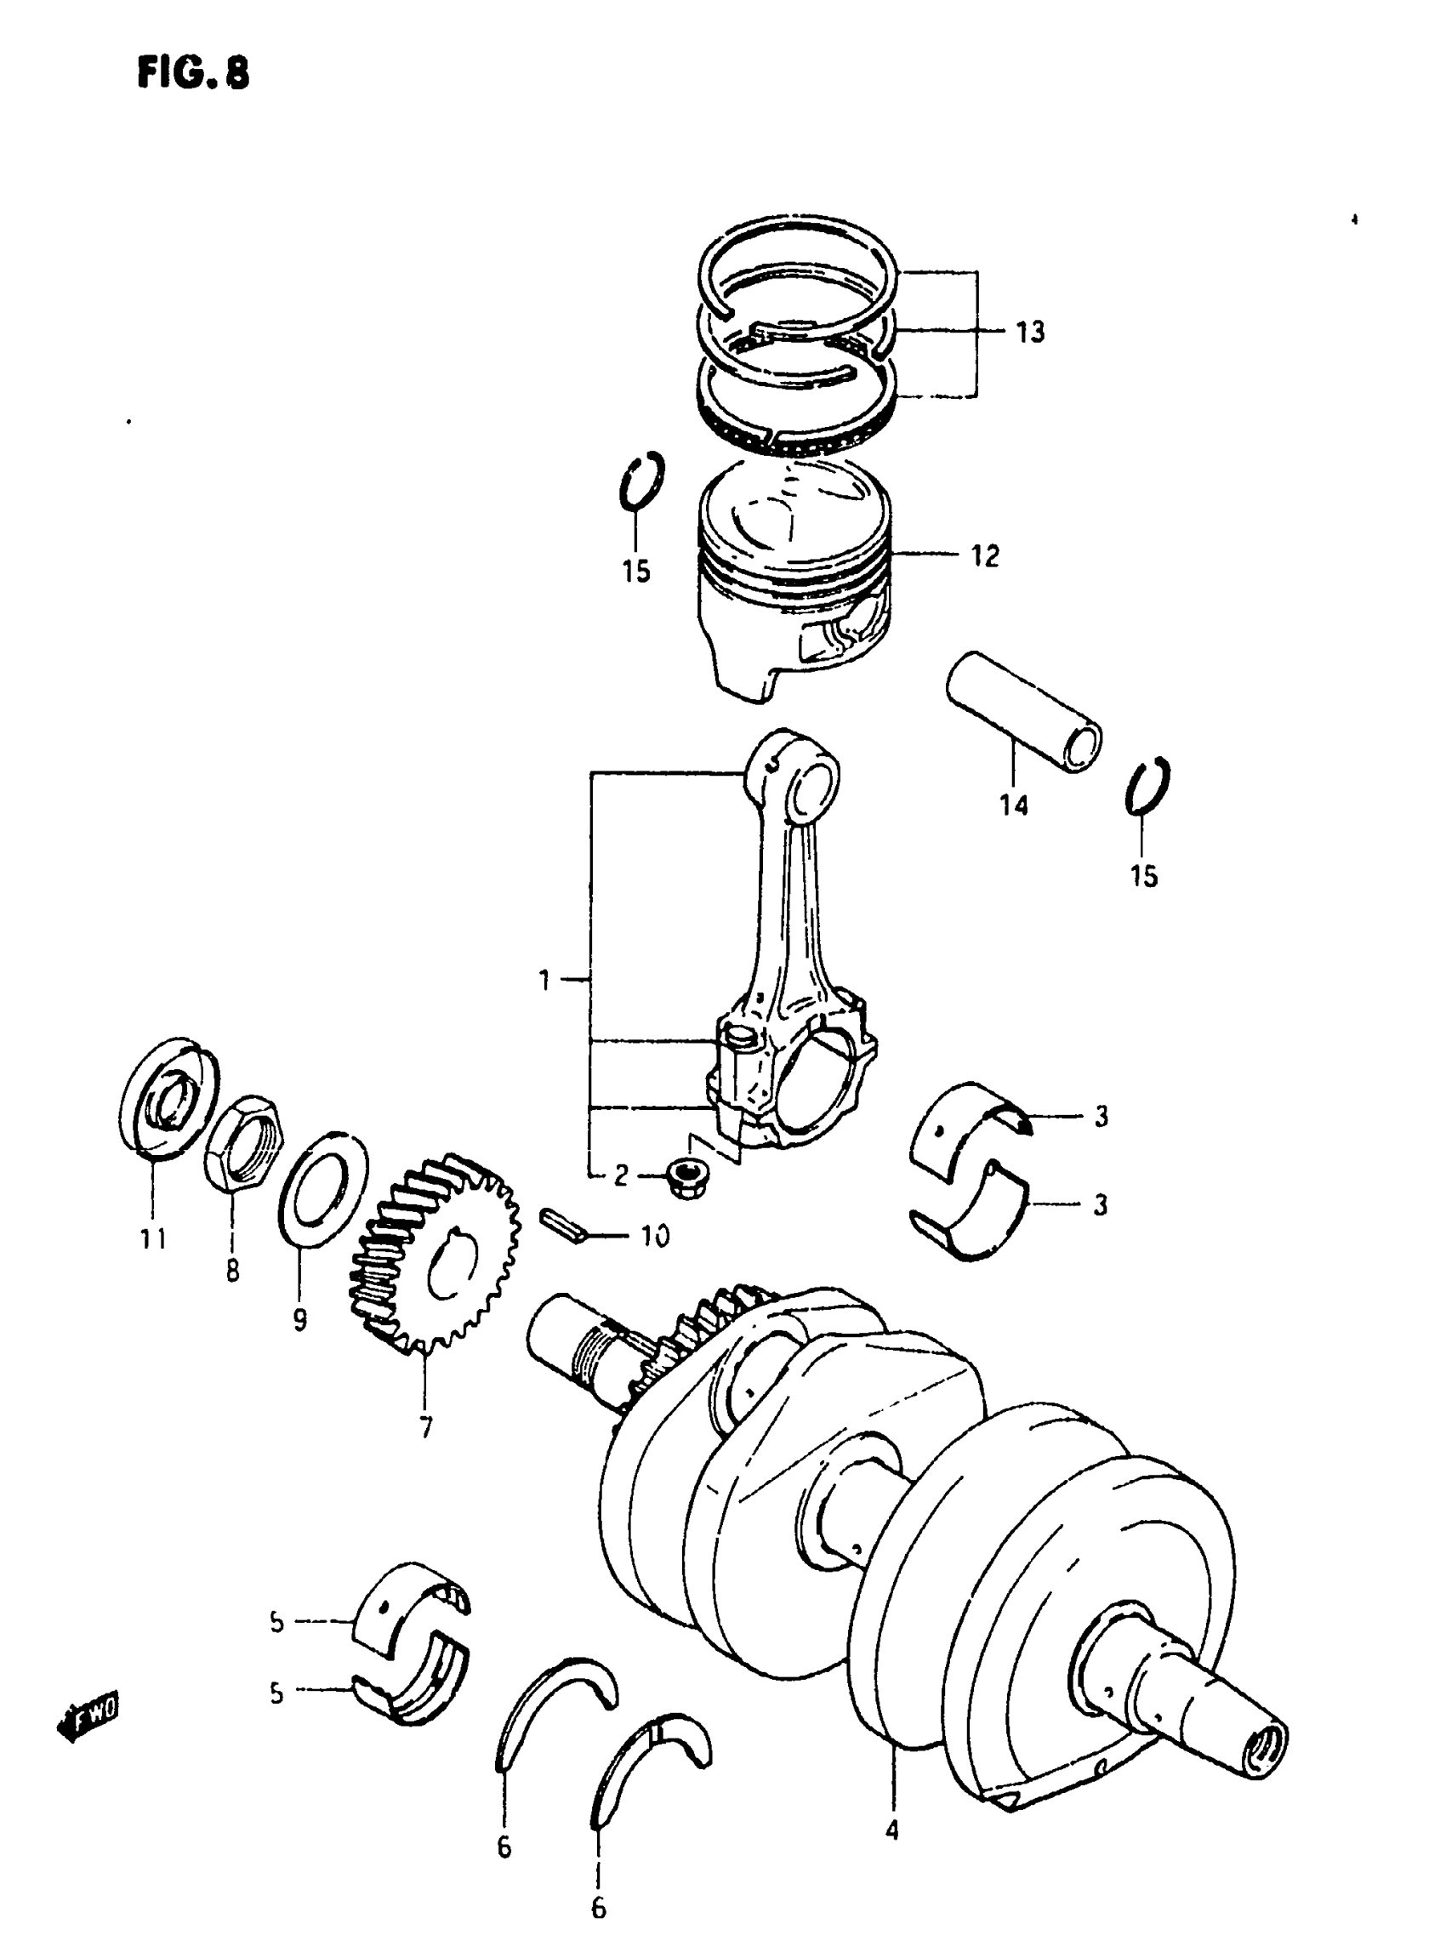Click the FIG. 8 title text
(193, 73)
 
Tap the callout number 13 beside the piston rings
(1030, 333)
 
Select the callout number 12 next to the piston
(985, 556)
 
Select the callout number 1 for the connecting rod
(544, 981)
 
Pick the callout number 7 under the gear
(425, 1428)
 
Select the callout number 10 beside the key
(655, 1236)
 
